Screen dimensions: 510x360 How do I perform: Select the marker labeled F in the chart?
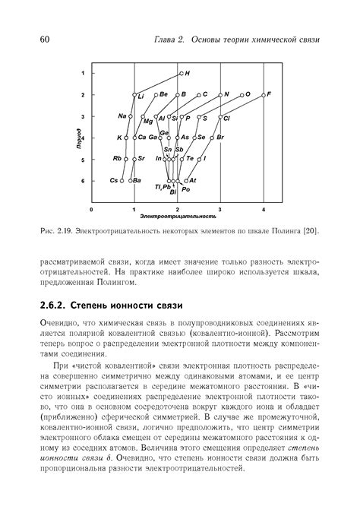tap(264, 95)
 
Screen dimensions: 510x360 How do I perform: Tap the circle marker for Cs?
tap(123, 181)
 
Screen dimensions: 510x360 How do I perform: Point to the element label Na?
tap(122, 116)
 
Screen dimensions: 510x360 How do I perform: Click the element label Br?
tap(221, 138)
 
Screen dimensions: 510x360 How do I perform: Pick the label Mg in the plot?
tap(147, 122)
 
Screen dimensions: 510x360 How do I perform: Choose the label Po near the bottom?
tap(186, 189)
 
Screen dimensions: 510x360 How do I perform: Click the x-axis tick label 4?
tap(264, 209)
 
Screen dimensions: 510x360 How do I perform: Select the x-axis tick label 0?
tap(91, 209)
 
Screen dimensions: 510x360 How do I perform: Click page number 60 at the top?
tap(45, 39)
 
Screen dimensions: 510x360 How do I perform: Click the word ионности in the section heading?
tap(145, 305)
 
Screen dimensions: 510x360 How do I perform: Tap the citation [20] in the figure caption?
tap(311, 230)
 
